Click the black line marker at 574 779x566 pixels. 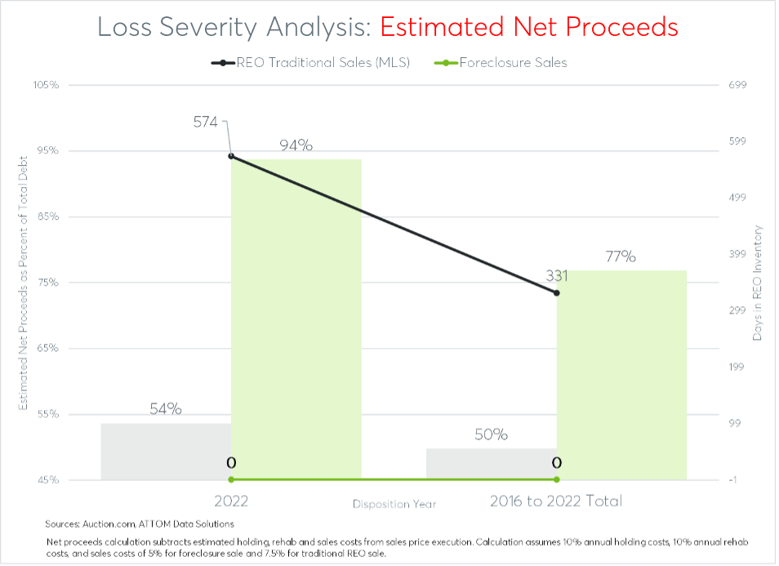point(231,156)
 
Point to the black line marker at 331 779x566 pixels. point(556,292)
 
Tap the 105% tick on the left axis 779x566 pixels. point(47,85)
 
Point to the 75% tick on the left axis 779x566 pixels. point(47,283)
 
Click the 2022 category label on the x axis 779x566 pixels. point(231,501)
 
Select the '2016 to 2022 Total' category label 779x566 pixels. point(556,501)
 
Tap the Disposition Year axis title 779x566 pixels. point(394,504)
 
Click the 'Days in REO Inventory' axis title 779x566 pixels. point(757,283)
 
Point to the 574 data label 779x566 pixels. point(205,123)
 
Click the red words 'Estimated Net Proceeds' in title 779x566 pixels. point(529,26)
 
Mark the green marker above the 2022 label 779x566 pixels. point(231,479)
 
